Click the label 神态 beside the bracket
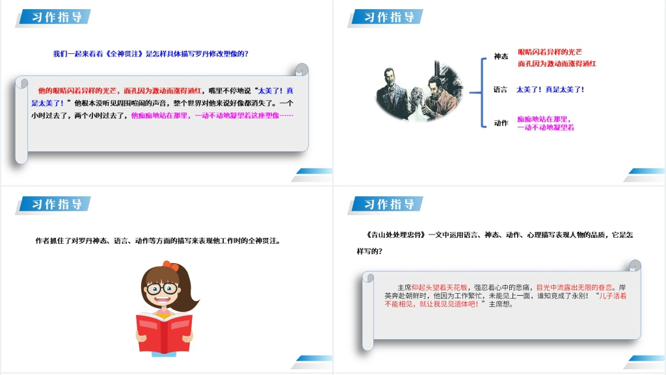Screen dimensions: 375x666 [501, 57]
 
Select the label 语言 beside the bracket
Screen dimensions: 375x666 [500, 90]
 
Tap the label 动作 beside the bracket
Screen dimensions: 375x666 [501, 123]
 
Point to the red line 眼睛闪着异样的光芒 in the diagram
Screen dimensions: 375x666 [550, 51]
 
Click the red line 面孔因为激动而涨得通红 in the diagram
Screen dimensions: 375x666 [557, 64]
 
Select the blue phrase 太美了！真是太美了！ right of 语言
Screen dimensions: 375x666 [550, 90]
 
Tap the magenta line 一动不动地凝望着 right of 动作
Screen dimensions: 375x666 [545, 127]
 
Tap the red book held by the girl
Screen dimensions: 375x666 [164, 332]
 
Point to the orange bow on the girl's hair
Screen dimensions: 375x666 [170, 266]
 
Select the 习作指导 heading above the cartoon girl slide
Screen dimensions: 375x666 [57, 205]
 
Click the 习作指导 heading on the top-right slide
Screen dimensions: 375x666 [389, 18]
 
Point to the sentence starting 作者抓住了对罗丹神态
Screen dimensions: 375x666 [157, 241]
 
